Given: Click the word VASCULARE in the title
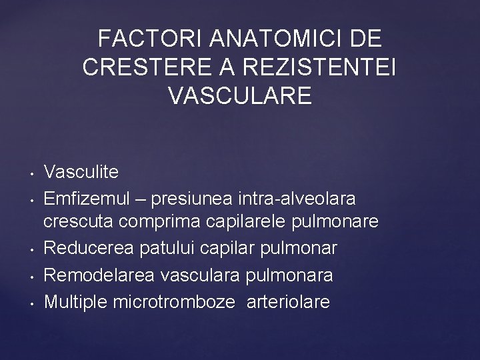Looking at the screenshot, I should point(240,95).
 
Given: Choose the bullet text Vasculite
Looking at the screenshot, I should point(81,173).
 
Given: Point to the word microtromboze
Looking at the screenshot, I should point(175,302).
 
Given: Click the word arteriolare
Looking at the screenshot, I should point(288,302).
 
